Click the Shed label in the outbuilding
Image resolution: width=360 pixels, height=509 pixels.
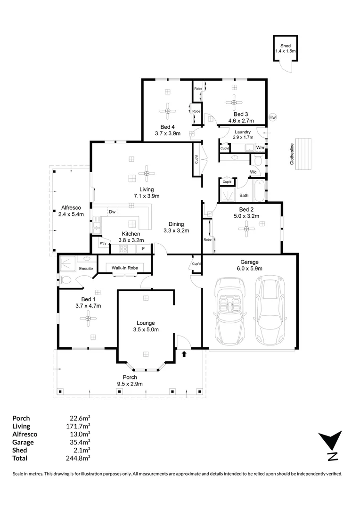pos(286,45)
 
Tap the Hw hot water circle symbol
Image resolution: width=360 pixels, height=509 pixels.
pos(272,117)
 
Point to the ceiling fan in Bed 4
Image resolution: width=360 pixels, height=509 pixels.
pos(167,111)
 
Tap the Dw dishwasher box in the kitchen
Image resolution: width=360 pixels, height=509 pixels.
pos(112,212)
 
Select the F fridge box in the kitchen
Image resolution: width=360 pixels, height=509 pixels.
pos(144,248)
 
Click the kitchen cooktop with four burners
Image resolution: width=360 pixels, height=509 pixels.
pos(124,249)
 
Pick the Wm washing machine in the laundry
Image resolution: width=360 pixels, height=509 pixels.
pos(260,148)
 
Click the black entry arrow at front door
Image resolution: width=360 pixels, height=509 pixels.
pos(184,353)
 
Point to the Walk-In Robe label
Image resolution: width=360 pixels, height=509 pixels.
pos(124,268)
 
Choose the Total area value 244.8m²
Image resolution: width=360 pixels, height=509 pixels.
pos(79,458)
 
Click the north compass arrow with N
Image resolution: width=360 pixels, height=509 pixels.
pos(331,445)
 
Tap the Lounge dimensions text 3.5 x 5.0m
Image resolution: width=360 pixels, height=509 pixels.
pos(146,329)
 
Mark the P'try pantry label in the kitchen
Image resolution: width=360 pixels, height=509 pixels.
pos(103,243)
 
